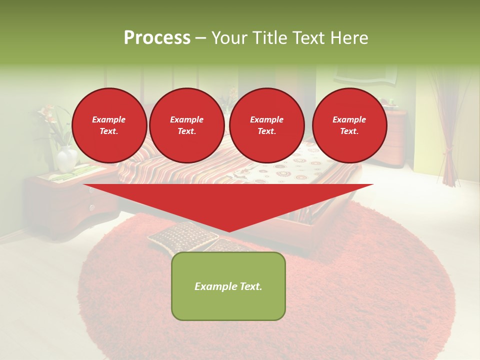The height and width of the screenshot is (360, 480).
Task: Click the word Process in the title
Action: (157, 38)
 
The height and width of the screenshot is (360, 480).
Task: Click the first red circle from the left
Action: (109, 125)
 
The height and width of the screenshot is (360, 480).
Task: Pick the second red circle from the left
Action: (186, 125)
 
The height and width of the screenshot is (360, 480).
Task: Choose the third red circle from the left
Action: (266, 125)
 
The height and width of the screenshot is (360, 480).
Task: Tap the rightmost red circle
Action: (349, 125)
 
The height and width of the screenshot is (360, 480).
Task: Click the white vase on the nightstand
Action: (66, 159)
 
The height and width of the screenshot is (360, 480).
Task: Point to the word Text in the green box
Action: (247, 286)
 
